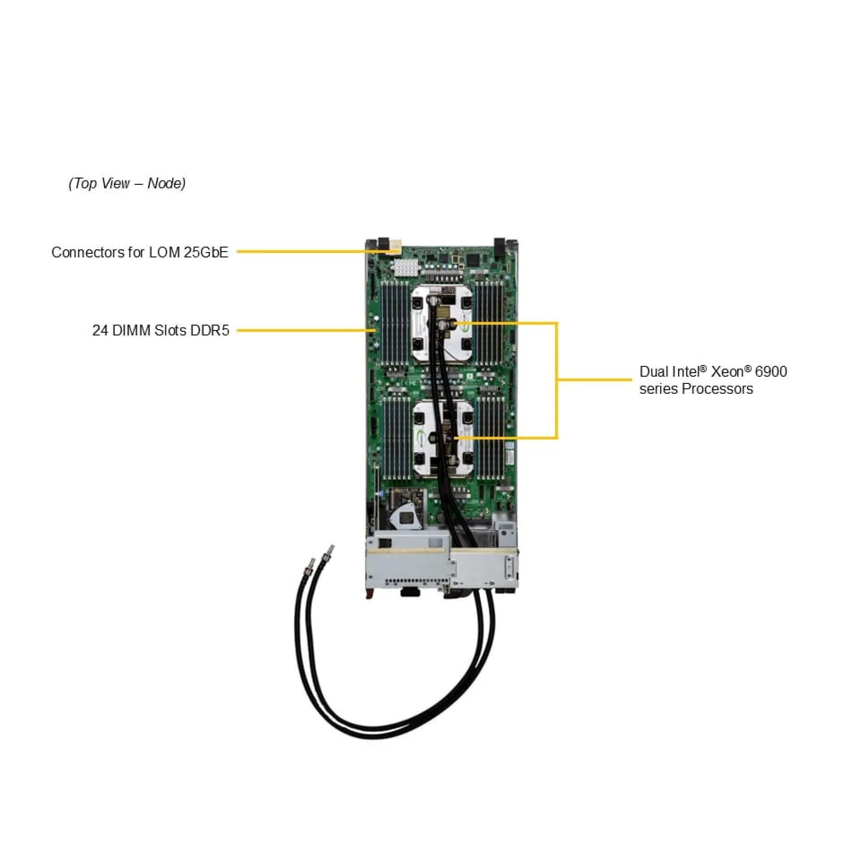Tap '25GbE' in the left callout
(206, 252)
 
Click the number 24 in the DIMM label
(100, 330)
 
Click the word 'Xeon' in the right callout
(727, 372)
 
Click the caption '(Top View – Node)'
(127, 183)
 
